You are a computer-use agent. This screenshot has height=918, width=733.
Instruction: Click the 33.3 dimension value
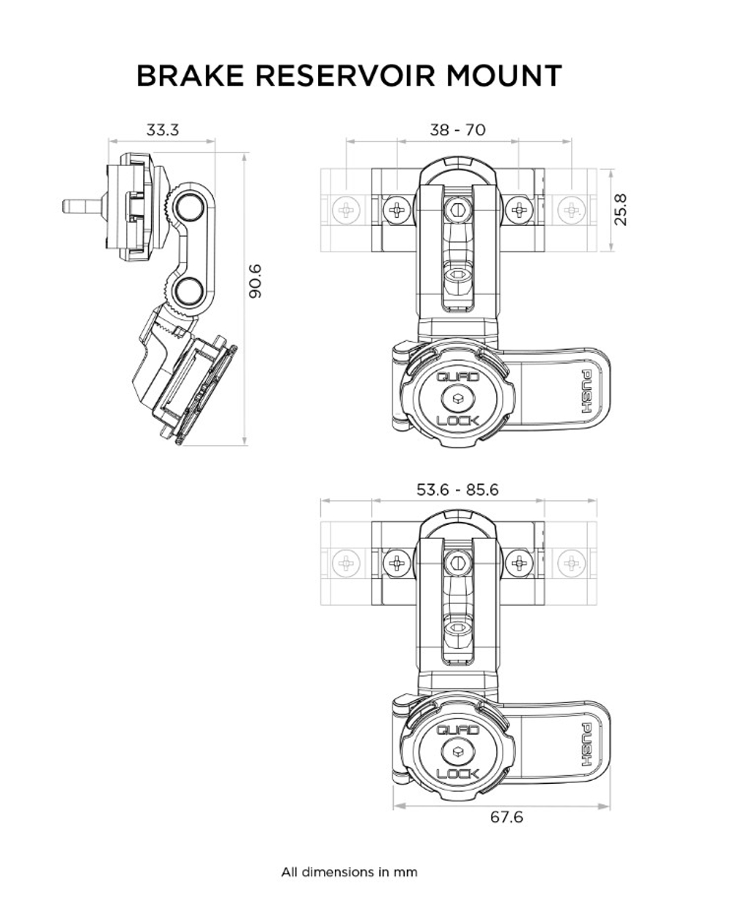(162, 131)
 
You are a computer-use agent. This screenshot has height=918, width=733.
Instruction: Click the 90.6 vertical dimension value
(256, 281)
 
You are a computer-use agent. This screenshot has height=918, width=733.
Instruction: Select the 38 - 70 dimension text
(457, 130)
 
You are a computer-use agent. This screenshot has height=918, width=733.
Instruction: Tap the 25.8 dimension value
(621, 210)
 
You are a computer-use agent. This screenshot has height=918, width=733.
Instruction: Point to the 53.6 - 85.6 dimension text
(457, 489)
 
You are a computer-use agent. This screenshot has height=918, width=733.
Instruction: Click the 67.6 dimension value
(507, 816)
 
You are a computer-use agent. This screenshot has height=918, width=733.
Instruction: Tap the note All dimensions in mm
(349, 873)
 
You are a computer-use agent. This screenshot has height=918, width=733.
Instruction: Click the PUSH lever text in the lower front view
(587, 745)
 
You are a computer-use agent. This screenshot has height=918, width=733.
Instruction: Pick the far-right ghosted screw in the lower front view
(571, 563)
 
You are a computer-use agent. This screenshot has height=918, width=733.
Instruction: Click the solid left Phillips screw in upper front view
(397, 210)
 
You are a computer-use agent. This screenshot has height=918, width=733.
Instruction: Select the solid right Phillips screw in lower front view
(519, 563)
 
